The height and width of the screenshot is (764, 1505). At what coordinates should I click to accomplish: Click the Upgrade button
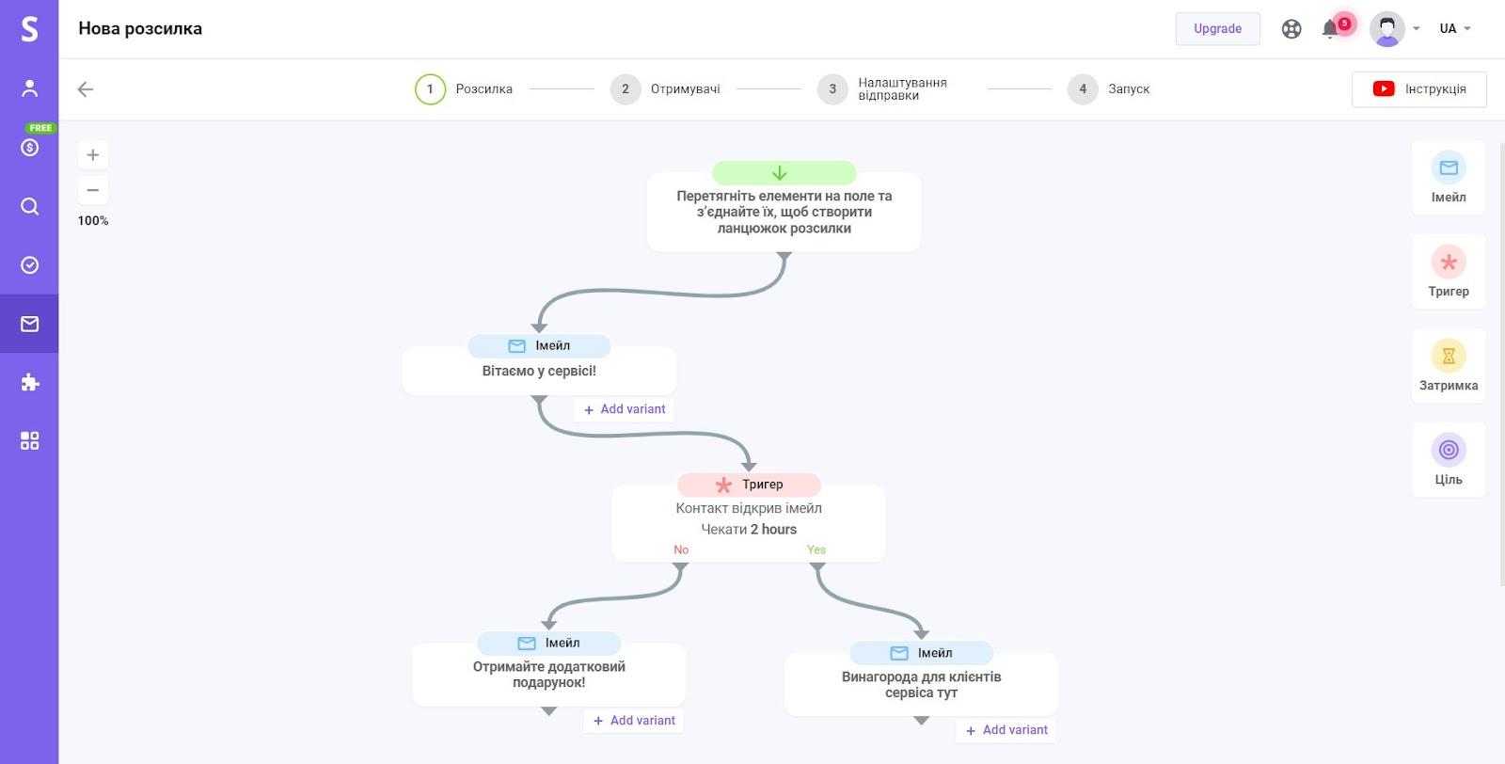pos(1217,29)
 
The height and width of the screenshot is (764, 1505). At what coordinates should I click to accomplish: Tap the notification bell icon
pos(1330,29)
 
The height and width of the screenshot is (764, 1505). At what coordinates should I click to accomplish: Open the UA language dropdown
pos(1454,29)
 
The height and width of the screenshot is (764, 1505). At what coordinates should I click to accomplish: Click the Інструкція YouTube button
pos(1418,89)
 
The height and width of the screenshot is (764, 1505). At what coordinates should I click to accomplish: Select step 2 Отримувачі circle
pos(625,89)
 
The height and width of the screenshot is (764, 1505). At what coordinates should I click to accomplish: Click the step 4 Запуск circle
pos(1082,89)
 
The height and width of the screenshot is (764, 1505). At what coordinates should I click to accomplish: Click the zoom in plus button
pos(93,155)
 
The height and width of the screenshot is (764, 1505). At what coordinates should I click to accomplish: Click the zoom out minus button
pos(93,190)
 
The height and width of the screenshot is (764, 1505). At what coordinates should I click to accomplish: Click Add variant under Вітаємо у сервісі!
pos(626,409)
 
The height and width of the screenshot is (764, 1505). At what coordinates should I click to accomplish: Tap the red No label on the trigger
pos(681,549)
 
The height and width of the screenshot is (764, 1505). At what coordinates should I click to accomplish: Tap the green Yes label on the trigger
pos(816,549)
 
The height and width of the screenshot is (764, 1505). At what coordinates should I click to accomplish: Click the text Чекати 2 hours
pos(749,530)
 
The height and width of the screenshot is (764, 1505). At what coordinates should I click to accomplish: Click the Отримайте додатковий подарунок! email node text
pos(548,675)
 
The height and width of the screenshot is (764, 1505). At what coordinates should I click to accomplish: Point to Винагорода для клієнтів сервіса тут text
pos(921,685)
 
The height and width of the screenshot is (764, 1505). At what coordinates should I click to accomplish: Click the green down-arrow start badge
pos(784,173)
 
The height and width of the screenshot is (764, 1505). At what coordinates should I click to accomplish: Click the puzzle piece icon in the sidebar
pos(30,382)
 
